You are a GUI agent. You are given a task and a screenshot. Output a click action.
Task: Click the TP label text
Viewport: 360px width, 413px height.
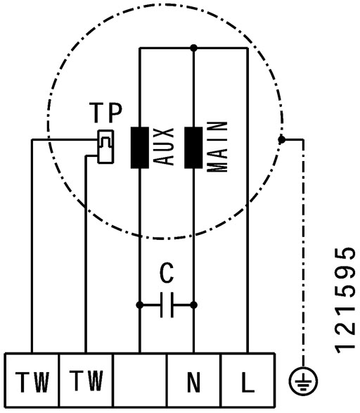(105, 113)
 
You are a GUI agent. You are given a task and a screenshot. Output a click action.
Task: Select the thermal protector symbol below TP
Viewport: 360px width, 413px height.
(105, 147)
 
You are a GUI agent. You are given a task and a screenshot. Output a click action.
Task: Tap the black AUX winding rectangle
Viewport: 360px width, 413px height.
(140, 148)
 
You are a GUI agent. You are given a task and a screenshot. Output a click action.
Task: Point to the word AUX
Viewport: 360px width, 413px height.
(163, 147)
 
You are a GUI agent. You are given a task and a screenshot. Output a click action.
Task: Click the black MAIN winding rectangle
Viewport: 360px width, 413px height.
(193, 148)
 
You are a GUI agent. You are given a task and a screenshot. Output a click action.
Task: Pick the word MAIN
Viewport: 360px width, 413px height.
(217, 147)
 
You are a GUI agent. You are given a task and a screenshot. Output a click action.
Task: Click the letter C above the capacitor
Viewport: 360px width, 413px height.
(167, 273)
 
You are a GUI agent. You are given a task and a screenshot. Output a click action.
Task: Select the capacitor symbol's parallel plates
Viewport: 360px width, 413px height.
(167, 305)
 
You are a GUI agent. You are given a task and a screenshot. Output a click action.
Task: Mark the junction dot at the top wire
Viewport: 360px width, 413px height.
(193, 48)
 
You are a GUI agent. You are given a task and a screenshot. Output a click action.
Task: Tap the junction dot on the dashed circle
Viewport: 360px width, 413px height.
(282, 139)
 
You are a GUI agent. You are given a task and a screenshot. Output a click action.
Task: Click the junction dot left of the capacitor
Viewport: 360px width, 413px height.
(140, 305)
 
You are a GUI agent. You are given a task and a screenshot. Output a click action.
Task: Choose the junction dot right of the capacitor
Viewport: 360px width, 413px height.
(193, 305)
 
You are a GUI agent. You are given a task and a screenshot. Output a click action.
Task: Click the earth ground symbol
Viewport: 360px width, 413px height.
(303, 381)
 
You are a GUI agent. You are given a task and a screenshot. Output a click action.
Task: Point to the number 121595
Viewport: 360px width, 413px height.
(345, 300)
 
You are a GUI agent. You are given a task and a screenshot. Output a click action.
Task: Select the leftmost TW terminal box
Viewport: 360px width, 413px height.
(32, 380)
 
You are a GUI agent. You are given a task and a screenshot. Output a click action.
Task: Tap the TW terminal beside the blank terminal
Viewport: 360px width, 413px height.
(86, 380)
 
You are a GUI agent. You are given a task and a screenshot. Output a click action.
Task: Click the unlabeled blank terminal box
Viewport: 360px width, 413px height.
(140, 380)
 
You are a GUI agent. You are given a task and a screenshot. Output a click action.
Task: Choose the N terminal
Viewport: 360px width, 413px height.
(193, 380)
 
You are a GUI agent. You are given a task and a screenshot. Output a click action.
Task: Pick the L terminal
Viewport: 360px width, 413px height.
(248, 380)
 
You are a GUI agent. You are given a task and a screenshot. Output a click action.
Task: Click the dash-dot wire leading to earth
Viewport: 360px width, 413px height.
(303, 253)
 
